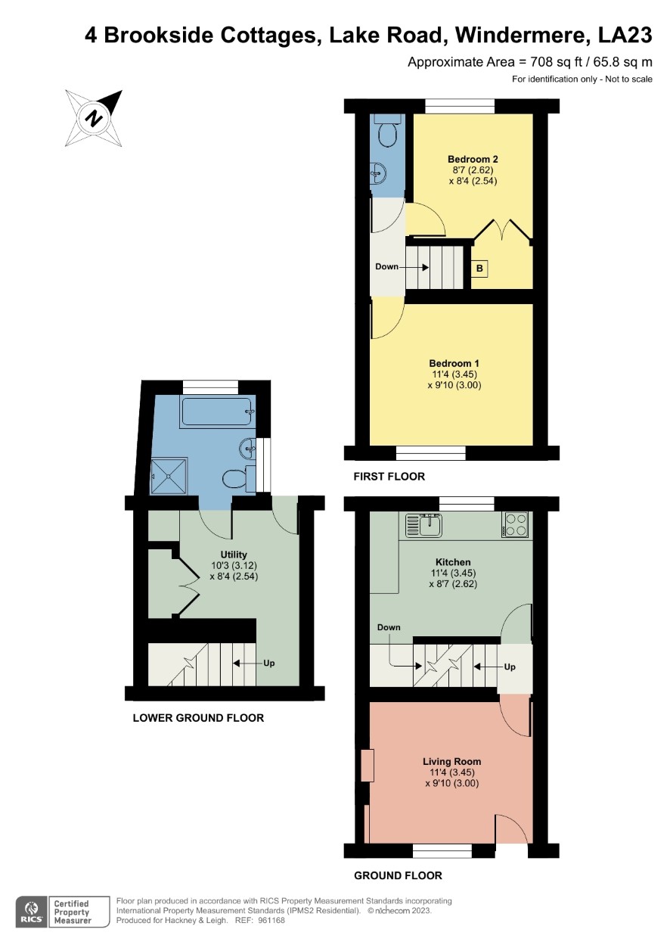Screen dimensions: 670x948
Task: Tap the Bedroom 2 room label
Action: coord(473,160)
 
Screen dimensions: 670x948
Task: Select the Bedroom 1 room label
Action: coord(454,363)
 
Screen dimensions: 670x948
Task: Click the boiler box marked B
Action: coord(479,269)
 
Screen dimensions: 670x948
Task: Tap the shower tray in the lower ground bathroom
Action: coord(169,476)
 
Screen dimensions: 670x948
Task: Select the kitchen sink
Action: coord(423,525)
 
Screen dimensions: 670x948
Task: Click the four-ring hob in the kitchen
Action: coord(515,525)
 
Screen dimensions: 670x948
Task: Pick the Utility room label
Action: coord(234,555)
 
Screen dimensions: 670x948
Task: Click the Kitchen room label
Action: coord(453,562)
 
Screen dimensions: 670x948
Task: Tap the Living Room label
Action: coord(451,761)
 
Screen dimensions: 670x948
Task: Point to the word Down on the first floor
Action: coord(386,266)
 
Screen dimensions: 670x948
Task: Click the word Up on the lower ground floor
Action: coord(269,663)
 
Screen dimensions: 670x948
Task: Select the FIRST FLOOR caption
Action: coord(389,477)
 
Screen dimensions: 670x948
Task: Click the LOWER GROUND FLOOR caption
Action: coord(198,718)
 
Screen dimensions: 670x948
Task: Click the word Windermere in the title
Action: coord(522,35)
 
